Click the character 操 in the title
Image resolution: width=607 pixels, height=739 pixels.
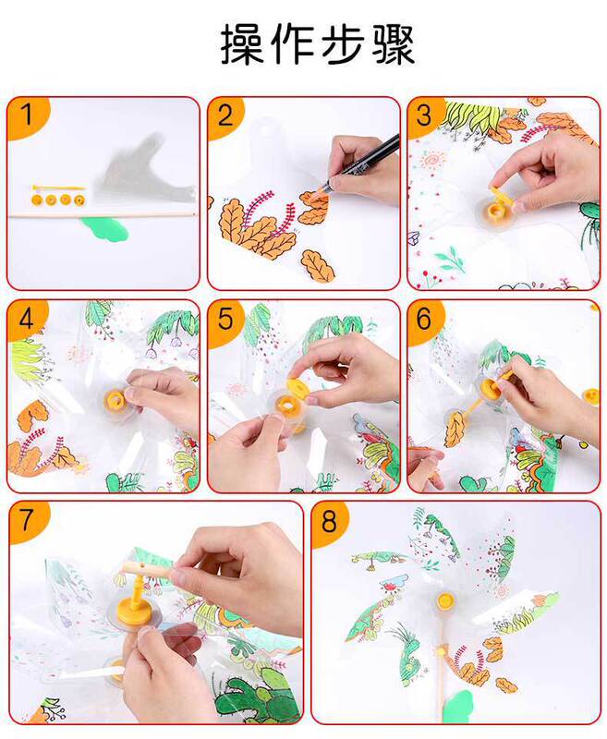tap(243, 44)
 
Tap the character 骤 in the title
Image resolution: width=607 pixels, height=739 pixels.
tap(393, 44)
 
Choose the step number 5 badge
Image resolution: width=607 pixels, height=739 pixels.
tap(225, 320)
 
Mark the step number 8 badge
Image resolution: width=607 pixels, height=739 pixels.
tap(329, 521)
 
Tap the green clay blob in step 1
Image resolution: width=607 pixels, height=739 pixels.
tap(104, 229)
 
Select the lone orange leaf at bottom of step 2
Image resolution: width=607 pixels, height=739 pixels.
tap(318, 266)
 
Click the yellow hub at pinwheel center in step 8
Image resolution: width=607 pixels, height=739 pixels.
tap(445, 600)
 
